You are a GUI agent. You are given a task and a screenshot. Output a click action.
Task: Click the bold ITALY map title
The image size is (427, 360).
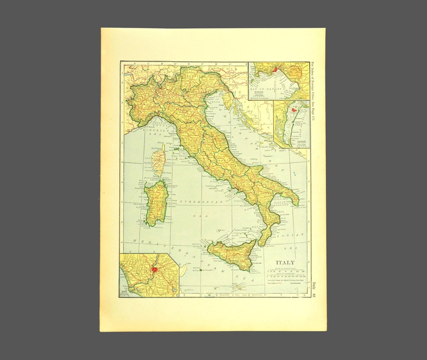(x=285, y=262)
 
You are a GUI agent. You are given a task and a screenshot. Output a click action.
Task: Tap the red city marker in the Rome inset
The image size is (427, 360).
(x=154, y=270)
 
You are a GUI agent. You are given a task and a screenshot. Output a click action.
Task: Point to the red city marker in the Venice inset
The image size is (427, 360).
(x=293, y=110)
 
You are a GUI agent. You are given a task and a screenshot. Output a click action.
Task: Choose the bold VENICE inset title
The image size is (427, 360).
(x=302, y=141)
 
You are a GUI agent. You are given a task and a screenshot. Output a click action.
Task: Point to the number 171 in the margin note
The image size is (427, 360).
(x=314, y=120)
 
